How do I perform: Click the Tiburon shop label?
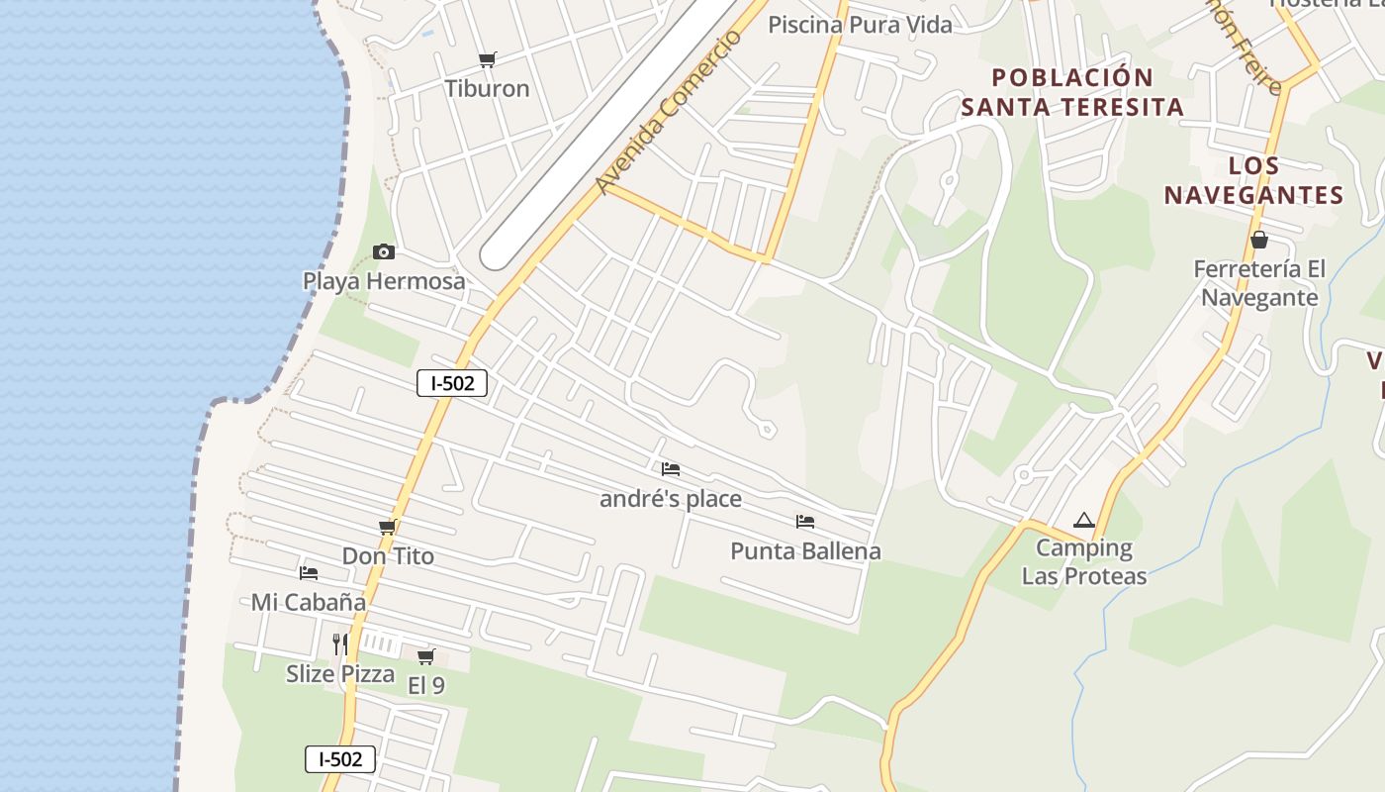[487, 88]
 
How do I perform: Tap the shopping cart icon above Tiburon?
[487, 60]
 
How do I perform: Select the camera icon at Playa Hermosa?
[384, 251]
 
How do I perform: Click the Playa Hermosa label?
[384, 281]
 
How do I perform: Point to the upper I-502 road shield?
[452, 383]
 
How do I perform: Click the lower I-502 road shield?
[340, 759]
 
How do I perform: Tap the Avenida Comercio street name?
[669, 112]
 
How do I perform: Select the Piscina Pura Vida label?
[861, 25]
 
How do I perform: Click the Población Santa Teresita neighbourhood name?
[1072, 92]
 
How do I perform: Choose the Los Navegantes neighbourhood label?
[1253, 180]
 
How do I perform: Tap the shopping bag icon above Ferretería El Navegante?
[1259, 240]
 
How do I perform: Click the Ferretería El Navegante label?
[1259, 283]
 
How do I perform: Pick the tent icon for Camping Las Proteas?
[1084, 520]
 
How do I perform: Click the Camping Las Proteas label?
[1084, 561]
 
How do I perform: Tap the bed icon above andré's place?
[671, 468]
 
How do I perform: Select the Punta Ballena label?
[805, 550]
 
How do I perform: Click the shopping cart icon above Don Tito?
[388, 528]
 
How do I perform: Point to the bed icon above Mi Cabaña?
[309, 572]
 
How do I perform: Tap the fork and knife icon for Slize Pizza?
[340, 644]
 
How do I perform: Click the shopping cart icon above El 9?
[426, 656]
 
